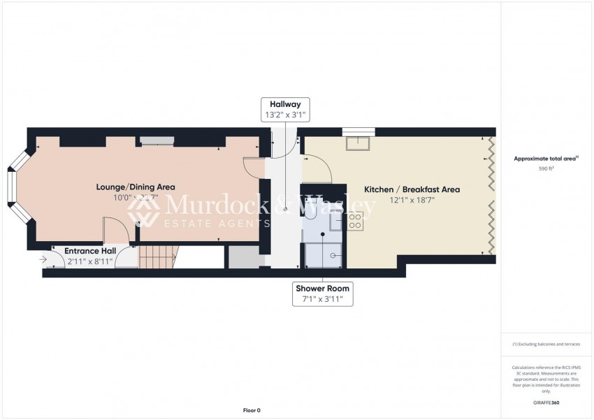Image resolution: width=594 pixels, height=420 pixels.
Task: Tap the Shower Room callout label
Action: (x=323, y=288)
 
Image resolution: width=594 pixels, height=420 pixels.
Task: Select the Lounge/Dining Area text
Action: (x=136, y=187)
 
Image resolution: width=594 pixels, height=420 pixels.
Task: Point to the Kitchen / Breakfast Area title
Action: (x=412, y=189)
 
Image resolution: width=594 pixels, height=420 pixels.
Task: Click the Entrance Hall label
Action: (x=90, y=251)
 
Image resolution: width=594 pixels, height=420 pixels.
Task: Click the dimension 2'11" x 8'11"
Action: (x=90, y=262)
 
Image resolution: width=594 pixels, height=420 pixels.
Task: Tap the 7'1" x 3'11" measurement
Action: (x=323, y=299)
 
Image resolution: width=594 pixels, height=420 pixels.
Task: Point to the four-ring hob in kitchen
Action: (x=355, y=222)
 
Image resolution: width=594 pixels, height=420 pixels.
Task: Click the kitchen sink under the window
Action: (x=358, y=144)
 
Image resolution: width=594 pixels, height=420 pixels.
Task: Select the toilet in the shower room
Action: (x=310, y=222)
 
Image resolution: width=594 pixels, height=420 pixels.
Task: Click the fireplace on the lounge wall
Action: (x=156, y=142)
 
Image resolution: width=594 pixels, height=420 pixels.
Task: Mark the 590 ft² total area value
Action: (x=546, y=169)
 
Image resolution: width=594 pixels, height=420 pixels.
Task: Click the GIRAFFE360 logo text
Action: (x=546, y=403)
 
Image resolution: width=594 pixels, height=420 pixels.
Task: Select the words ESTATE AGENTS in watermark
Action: (x=216, y=224)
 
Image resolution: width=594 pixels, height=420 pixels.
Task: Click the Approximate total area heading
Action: (x=546, y=159)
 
